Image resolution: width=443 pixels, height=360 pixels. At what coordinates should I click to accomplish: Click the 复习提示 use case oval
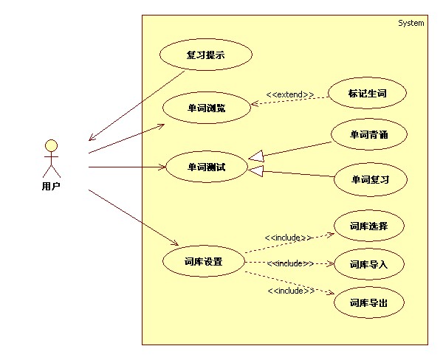[x=206, y=55]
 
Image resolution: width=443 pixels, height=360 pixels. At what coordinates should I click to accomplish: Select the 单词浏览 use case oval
[x=206, y=108]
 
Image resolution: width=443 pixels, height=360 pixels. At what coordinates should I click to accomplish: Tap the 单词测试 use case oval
[x=206, y=167]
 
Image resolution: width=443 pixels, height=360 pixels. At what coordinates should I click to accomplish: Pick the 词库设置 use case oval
[x=203, y=262]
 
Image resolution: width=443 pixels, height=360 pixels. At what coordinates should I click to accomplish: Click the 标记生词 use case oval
[x=367, y=94]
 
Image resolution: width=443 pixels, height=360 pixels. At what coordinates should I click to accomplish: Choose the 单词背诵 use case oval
[x=368, y=135]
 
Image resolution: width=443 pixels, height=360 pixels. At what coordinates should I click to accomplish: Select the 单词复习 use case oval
[x=370, y=179]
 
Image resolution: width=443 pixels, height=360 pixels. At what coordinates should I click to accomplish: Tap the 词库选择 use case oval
[x=368, y=226]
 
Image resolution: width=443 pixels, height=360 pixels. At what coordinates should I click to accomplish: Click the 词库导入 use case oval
[x=368, y=264]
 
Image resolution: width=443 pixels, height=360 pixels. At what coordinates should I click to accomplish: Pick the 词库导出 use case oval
[x=368, y=302]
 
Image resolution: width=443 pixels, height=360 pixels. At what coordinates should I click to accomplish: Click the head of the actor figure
[x=51, y=145]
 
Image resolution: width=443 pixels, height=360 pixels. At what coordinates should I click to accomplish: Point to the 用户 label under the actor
[x=51, y=186]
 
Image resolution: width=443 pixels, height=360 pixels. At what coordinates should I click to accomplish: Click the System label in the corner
[x=411, y=23]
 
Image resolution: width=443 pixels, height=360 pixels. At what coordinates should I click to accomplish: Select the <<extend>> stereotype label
[x=289, y=94]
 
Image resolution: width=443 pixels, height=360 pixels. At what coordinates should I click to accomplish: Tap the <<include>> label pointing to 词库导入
[x=290, y=263]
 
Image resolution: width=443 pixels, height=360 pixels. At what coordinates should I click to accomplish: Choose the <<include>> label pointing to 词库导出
[x=290, y=291]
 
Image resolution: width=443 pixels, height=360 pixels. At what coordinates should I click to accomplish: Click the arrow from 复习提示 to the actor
[x=137, y=103]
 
